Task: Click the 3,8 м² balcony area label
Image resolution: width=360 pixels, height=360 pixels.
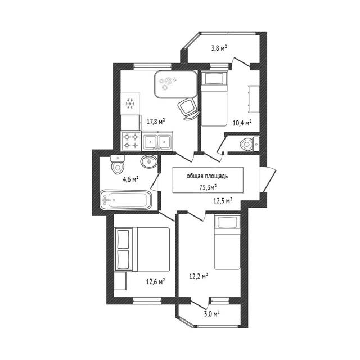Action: click(x=219, y=48)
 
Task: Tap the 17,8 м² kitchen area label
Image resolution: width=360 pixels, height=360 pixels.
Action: click(x=156, y=121)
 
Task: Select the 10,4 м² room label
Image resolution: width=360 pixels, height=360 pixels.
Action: click(x=242, y=123)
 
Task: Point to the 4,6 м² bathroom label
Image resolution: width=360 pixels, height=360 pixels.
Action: click(x=130, y=179)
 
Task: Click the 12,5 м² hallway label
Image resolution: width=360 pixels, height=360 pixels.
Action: click(x=223, y=201)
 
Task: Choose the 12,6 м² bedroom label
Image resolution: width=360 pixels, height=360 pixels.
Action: click(x=156, y=281)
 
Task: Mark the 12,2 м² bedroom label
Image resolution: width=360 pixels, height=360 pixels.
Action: click(x=199, y=276)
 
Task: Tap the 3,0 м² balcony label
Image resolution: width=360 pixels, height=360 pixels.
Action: click(x=212, y=314)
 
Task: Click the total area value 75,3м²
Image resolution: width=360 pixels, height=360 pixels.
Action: click(x=208, y=187)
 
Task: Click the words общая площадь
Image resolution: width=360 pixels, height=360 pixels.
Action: click(x=207, y=176)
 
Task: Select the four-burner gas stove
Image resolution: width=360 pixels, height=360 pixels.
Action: click(x=131, y=141)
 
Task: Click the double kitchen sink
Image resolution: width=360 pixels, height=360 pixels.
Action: click(x=157, y=141)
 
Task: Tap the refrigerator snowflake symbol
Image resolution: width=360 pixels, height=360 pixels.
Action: click(x=130, y=103)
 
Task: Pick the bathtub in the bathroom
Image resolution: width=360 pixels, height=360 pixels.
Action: click(x=125, y=200)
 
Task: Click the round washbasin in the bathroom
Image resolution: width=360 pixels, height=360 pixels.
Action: click(x=148, y=161)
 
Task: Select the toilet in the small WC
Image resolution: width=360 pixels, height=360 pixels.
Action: click(x=250, y=144)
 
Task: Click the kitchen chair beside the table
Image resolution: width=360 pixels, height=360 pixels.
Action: click(x=188, y=109)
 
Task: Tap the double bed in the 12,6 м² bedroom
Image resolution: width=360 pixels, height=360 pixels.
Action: click(x=142, y=249)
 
